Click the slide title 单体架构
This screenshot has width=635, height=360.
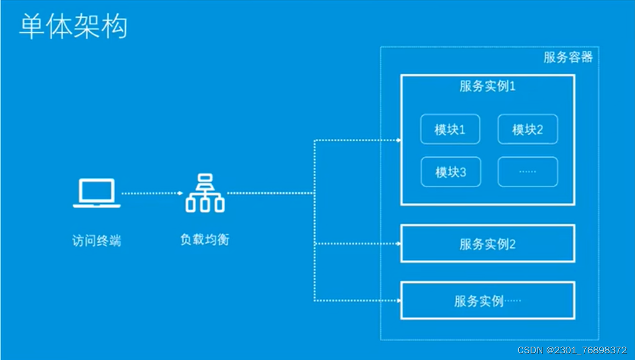click(73, 26)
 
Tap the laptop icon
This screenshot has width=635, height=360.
click(96, 193)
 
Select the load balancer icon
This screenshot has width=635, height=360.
click(205, 193)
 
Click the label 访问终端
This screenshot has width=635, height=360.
click(96, 241)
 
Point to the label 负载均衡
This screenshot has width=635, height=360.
click(205, 239)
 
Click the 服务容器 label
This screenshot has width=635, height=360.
click(568, 57)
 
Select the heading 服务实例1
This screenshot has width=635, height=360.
click(487, 86)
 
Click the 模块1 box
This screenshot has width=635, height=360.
click(450, 129)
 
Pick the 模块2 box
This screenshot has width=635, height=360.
click(527, 129)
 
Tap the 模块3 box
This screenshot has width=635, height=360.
click(450, 172)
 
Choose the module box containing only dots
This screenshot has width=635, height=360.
click(527, 172)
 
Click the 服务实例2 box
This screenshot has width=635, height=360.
click(487, 244)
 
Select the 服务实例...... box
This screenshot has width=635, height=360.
click(487, 301)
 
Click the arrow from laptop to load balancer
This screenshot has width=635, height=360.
click(152, 193)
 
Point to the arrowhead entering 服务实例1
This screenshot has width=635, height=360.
click(398, 139)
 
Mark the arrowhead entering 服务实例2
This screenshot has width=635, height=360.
click(398, 244)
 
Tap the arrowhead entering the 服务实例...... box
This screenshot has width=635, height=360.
click(398, 301)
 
